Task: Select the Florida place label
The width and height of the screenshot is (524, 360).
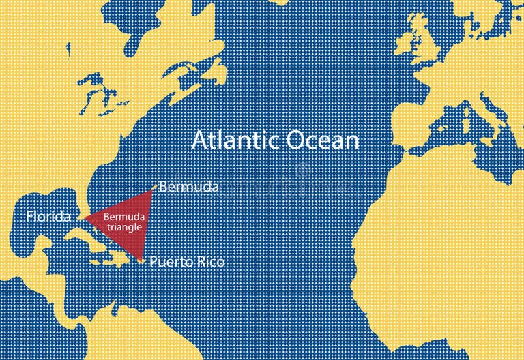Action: (48, 217)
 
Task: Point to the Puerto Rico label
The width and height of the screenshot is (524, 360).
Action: (186, 262)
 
